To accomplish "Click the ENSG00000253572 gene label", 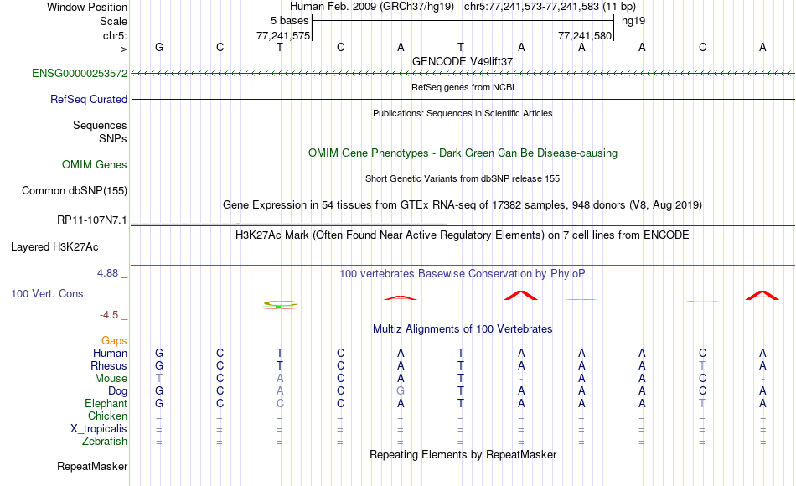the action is [x=80, y=73].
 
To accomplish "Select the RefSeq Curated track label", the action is [x=89, y=99].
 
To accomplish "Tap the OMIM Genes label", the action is [x=95, y=164].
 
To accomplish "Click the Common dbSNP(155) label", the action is [x=75, y=190].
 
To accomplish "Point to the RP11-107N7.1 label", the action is [x=92, y=220].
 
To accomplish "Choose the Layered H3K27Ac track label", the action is [x=54, y=247].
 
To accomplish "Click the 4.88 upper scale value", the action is [x=107, y=272].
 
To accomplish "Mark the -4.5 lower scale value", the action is [x=109, y=315].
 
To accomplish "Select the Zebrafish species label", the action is [x=105, y=441].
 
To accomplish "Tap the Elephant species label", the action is [x=106, y=403].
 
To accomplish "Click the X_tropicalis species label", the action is [x=99, y=429].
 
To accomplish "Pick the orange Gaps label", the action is [x=114, y=340].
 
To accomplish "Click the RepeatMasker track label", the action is [x=92, y=466].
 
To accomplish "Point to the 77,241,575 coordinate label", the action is [x=283, y=35].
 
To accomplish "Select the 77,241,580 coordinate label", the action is [x=585, y=35].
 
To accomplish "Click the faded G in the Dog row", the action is [x=401, y=391].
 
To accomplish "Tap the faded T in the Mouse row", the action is [x=159, y=379].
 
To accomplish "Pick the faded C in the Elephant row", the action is [x=280, y=403].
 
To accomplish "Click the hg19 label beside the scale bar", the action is [x=633, y=21].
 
